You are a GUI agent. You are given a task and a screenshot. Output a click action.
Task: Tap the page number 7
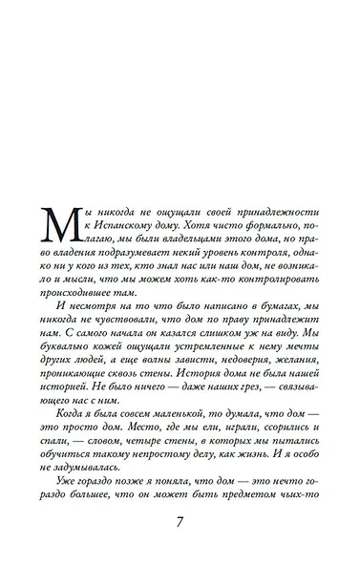tap(180, 524)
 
